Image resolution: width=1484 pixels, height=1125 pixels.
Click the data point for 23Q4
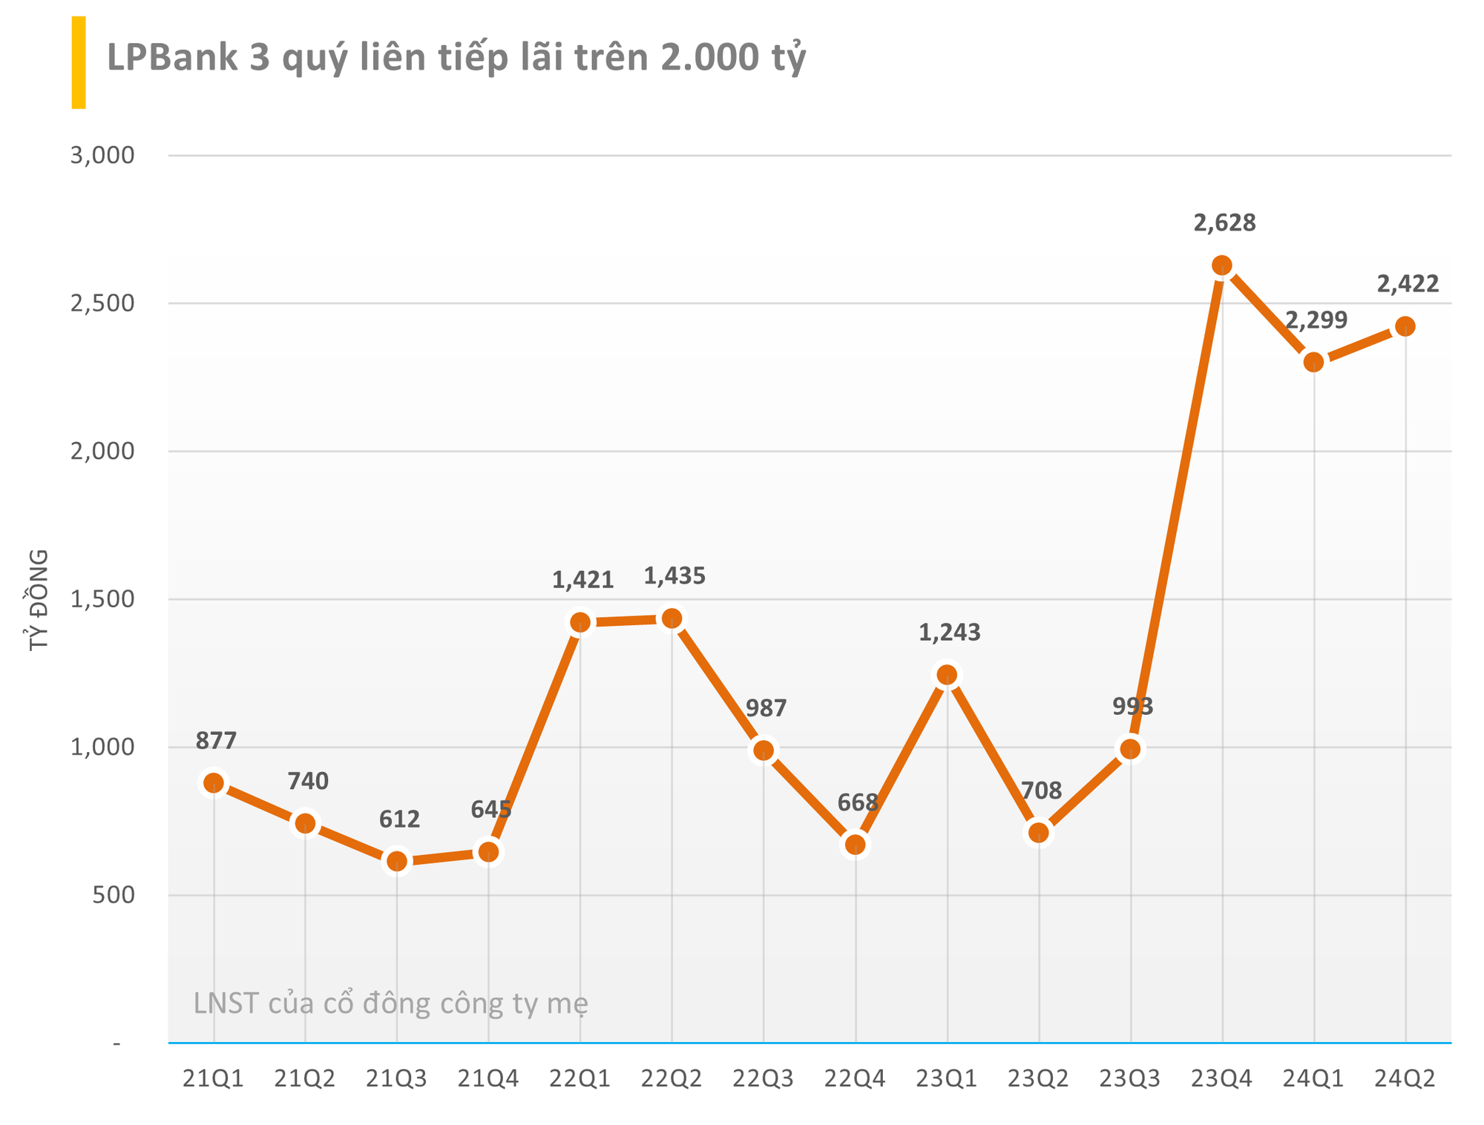pos(1222,265)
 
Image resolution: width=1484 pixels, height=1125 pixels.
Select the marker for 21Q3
pos(397,861)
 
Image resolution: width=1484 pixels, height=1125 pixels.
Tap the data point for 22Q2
pos(672,618)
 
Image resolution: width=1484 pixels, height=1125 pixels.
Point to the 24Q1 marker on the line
pos(1314,363)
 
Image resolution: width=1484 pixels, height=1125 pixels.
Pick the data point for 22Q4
pos(856,845)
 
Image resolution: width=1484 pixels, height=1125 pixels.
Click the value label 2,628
pos(1224,222)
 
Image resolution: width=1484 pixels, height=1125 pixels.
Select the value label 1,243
pos(950,633)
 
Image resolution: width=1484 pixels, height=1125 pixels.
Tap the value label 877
pos(216,740)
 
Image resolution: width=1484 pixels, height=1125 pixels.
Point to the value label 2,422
pos(1408,283)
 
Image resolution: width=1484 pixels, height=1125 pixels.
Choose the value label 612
pos(399,819)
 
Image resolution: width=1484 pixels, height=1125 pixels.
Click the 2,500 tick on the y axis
pos(102,303)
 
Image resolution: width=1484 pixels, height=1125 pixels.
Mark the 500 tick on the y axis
pos(113,895)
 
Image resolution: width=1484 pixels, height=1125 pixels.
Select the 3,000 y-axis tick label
pos(102,156)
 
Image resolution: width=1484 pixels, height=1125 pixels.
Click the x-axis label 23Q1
pos(947,1079)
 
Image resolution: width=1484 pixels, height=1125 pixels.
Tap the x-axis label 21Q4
pos(488,1079)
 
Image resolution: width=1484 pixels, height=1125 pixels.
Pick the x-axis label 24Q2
pos(1405,1079)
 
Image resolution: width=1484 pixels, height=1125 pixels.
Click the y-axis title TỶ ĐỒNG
pos(39,600)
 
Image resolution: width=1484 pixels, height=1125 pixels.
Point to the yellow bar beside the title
pos(79,62)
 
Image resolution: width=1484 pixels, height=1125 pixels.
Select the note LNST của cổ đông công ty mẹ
pos(391,1003)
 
